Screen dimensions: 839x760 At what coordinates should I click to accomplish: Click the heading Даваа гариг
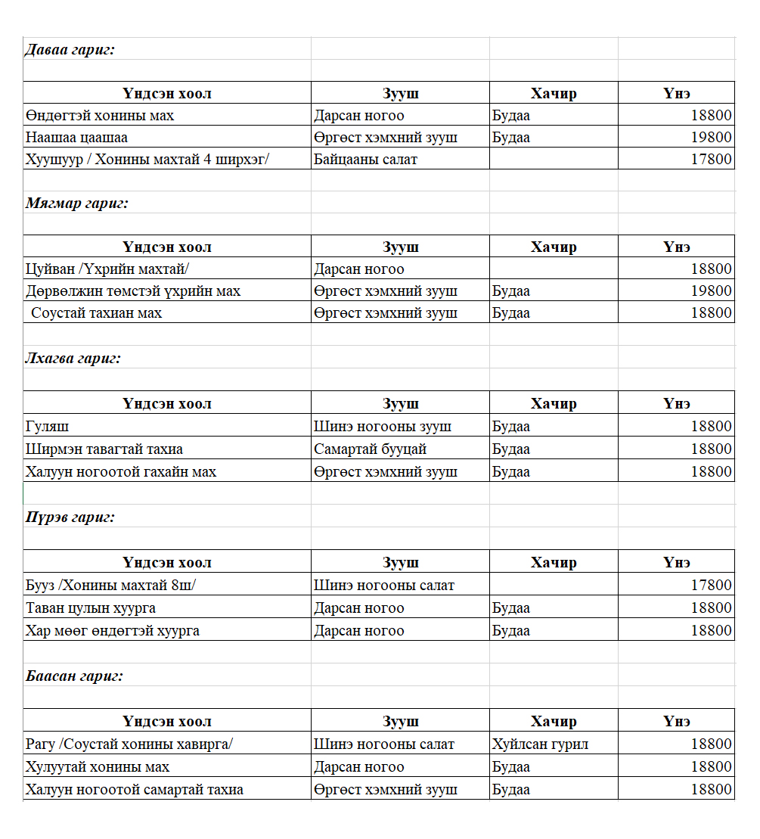[70, 50]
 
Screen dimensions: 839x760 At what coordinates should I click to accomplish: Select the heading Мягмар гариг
[77, 203]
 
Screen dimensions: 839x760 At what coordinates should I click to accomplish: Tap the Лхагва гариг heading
[73, 358]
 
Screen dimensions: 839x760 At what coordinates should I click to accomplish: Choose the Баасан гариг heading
[74, 676]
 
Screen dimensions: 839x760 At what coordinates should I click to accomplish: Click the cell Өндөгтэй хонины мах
[100, 116]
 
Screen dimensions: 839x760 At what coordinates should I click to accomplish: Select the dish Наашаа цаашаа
[76, 138]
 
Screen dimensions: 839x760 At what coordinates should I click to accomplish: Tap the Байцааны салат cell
[365, 159]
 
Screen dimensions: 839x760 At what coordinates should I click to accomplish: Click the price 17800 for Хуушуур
[711, 159]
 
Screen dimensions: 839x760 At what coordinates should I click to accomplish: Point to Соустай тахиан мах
[96, 312]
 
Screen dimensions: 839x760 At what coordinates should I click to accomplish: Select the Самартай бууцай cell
[370, 449]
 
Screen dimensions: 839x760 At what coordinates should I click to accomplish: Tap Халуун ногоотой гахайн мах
[121, 472]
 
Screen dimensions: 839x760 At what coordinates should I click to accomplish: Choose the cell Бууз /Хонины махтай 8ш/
[110, 586]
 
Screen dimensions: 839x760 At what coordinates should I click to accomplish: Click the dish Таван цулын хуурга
[91, 608]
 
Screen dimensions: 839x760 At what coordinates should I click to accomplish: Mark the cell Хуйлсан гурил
[540, 744]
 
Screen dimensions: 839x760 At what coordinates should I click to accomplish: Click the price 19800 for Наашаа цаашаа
[711, 138]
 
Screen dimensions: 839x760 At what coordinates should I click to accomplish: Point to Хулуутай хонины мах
[98, 767]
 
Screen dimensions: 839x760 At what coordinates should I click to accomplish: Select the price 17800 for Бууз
[711, 586]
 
